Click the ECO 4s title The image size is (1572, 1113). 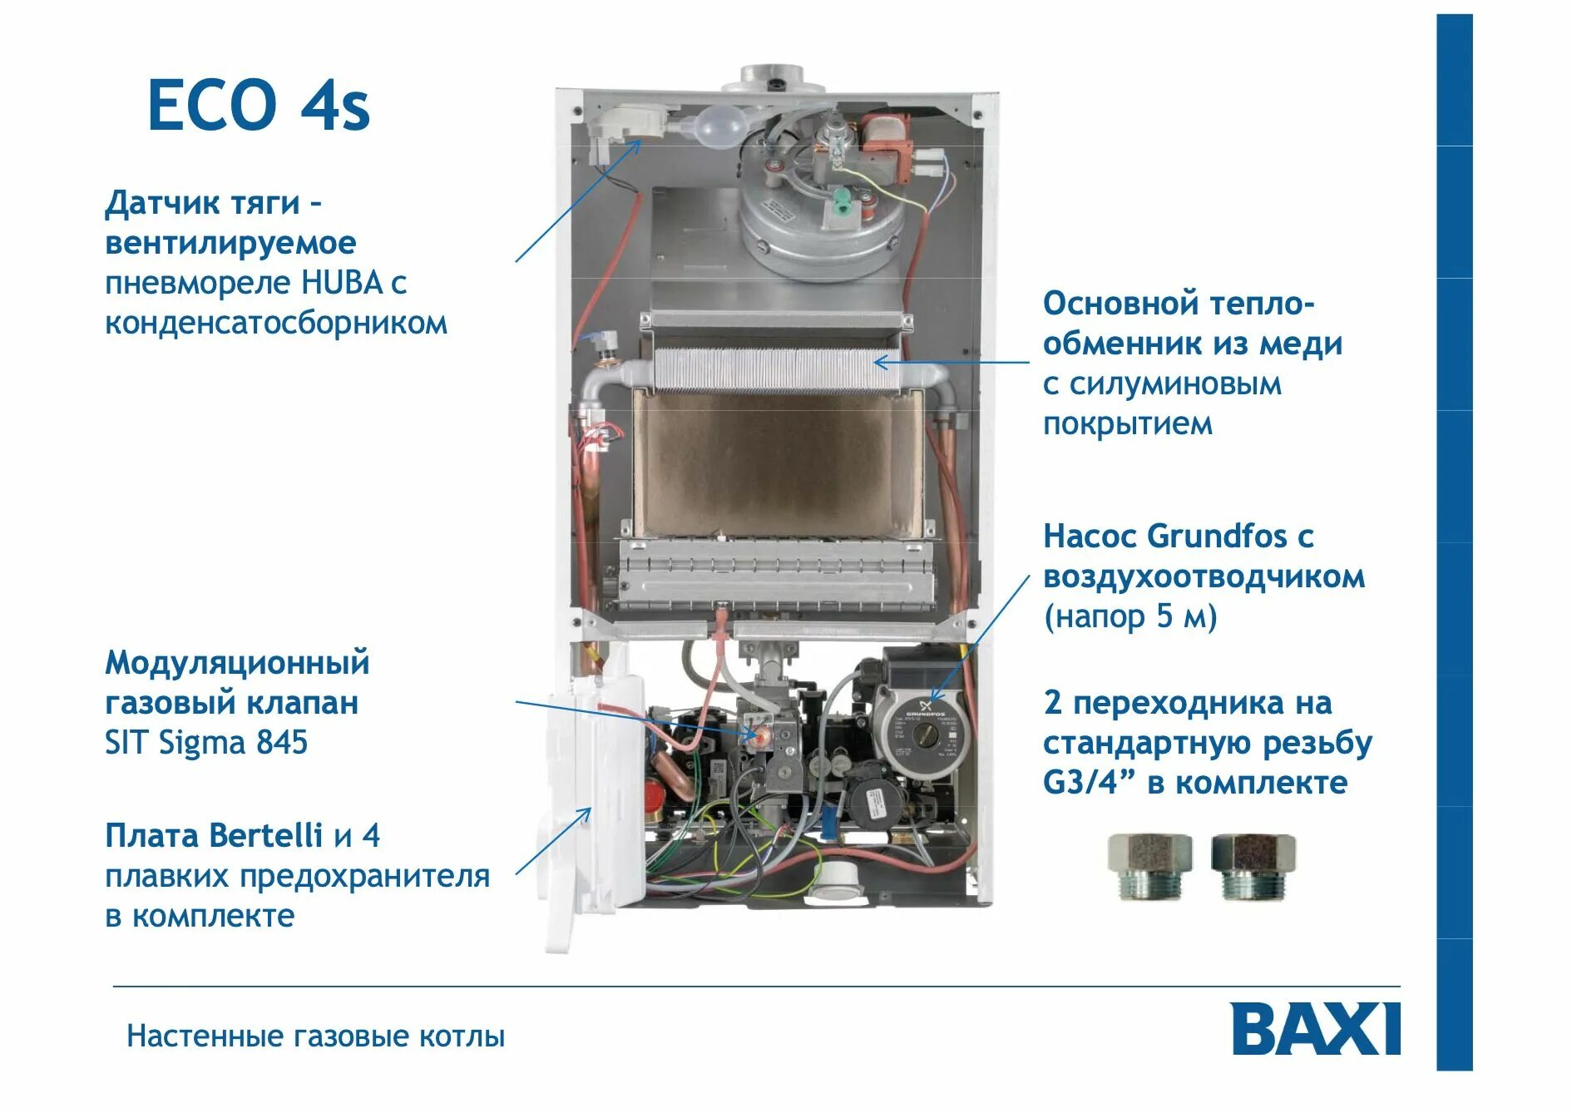click(258, 105)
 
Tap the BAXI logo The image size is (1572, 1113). click(1315, 1029)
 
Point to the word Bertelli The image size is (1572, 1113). click(265, 835)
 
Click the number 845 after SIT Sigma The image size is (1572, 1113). click(282, 742)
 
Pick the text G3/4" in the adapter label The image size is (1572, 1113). click(1090, 783)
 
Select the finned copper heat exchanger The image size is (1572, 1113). click(777, 369)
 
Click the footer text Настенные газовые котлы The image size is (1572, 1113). click(315, 1036)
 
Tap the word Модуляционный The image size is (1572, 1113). click(237, 663)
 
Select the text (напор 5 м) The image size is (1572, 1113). click(1130, 616)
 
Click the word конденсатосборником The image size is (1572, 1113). click(275, 323)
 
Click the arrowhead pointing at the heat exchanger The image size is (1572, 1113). click(878, 362)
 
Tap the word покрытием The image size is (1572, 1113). click(1127, 424)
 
